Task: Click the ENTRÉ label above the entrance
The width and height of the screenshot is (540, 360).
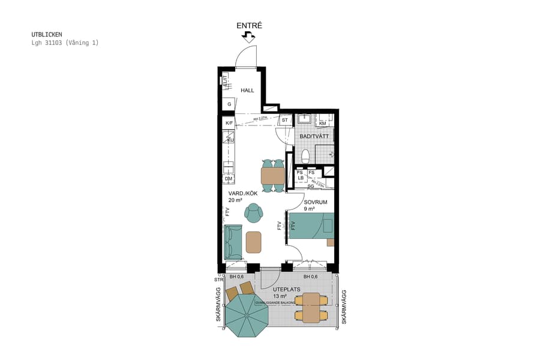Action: pos(249,25)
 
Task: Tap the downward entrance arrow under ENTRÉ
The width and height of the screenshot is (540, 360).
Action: pos(248,37)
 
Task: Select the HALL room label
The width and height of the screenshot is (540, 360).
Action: pos(247,91)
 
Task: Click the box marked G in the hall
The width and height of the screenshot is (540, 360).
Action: pos(229,104)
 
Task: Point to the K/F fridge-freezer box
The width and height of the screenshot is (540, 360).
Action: pos(229,123)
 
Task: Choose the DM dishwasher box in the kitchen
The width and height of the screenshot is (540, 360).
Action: pos(229,179)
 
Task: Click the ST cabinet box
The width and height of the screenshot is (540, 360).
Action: pos(285,121)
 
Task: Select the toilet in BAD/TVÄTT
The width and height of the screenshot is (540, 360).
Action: pos(305,157)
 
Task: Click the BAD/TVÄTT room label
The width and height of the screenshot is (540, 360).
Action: pos(314,137)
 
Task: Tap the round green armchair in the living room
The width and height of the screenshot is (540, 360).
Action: pos(254,212)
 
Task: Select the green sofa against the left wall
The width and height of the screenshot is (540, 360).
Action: pos(233,241)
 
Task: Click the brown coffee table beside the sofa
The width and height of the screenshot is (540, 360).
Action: pos(254,242)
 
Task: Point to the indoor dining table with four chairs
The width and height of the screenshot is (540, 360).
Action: pos(273,175)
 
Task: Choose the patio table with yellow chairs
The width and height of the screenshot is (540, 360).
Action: pos(311,308)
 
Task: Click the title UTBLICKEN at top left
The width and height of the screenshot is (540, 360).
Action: pos(47,35)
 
